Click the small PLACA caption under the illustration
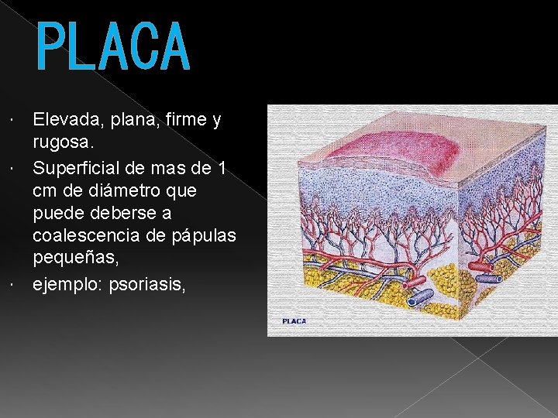294,321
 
